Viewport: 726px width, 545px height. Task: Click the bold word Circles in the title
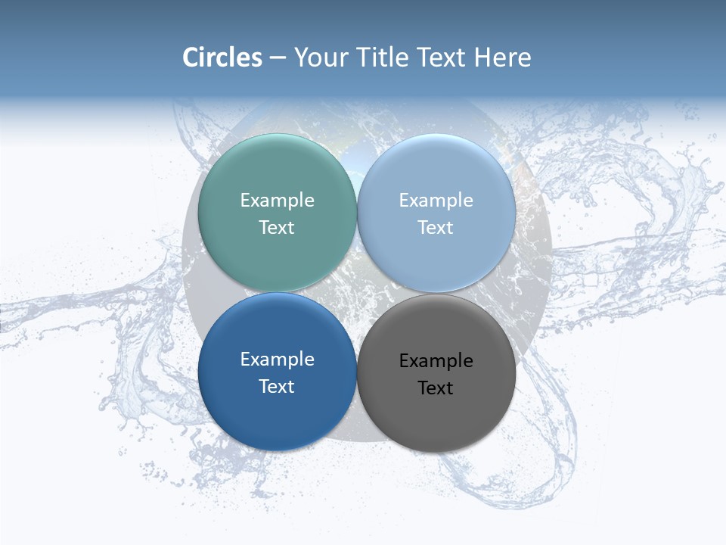tap(222, 58)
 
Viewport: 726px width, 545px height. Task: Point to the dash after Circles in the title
tap(278, 58)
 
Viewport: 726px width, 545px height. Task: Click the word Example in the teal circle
tap(277, 200)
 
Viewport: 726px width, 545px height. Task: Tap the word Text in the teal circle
tap(277, 227)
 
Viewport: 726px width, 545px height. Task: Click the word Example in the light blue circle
tap(436, 200)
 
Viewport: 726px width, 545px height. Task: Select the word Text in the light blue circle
tap(436, 227)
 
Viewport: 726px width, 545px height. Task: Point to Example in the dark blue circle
tap(277, 359)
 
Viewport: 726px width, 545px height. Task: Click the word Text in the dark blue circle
tap(277, 386)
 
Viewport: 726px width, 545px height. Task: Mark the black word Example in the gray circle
tap(436, 360)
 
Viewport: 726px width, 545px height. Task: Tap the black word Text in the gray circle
tap(436, 388)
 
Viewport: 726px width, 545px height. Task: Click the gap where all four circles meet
tap(356, 293)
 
